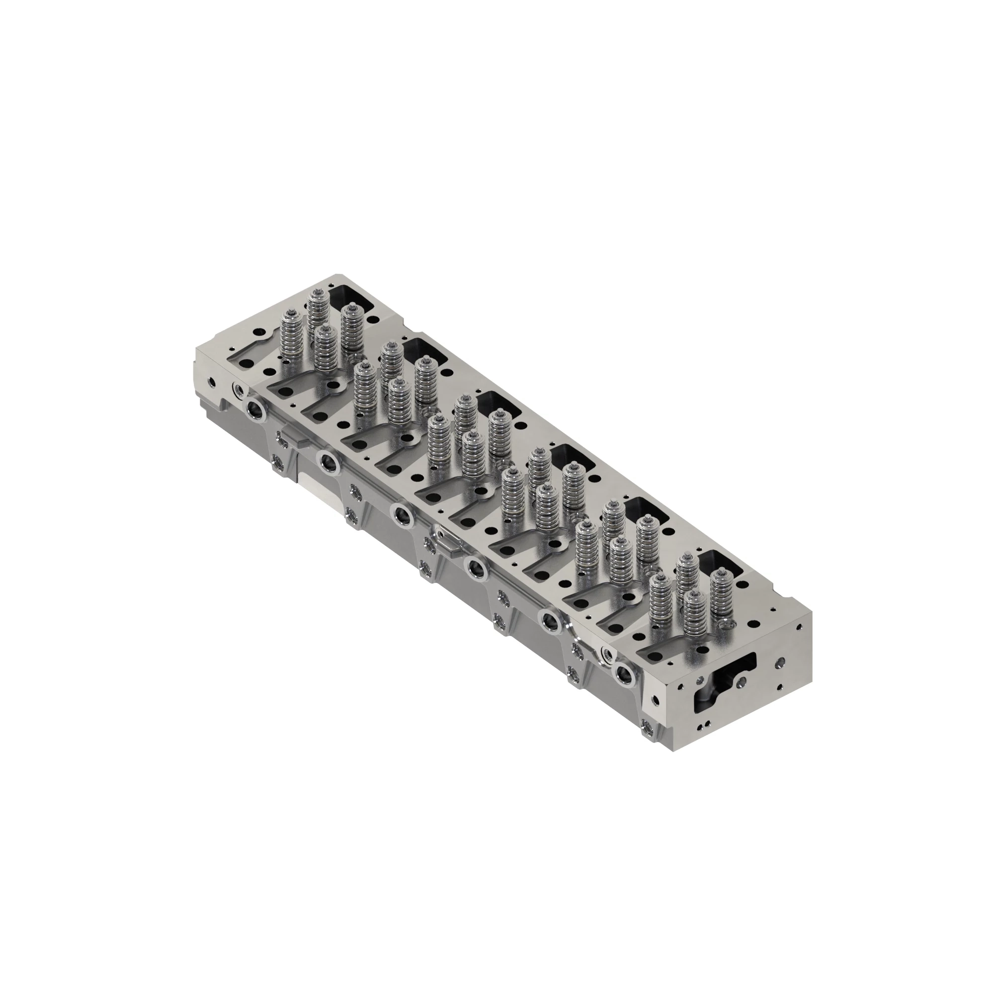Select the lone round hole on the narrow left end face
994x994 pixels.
pyautogui.click(x=210, y=383)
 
